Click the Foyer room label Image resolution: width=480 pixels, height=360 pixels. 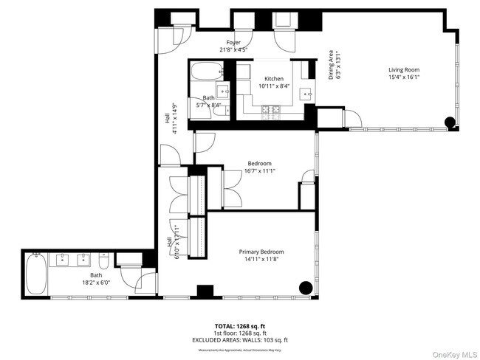pyautogui.click(x=233, y=43)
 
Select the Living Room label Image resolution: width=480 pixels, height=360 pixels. pyautogui.click(x=404, y=70)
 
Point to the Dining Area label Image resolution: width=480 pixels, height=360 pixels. pyautogui.click(x=331, y=63)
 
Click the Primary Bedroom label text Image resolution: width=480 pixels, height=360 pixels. pyautogui.click(x=261, y=252)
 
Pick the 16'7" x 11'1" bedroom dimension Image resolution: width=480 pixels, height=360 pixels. pyautogui.click(x=259, y=171)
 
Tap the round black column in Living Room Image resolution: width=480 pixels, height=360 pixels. pyautogui.click(x=450, y=122)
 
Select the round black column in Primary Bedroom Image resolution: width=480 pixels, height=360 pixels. pyautogui.click(x=304, y=288)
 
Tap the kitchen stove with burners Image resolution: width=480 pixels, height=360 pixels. pyautogui.click(x=272, y=111)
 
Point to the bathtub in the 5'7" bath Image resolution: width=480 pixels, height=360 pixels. pyautogui.click(x=205, y=72)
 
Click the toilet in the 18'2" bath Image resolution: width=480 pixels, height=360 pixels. pyautogui.click(x=104, y=260)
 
